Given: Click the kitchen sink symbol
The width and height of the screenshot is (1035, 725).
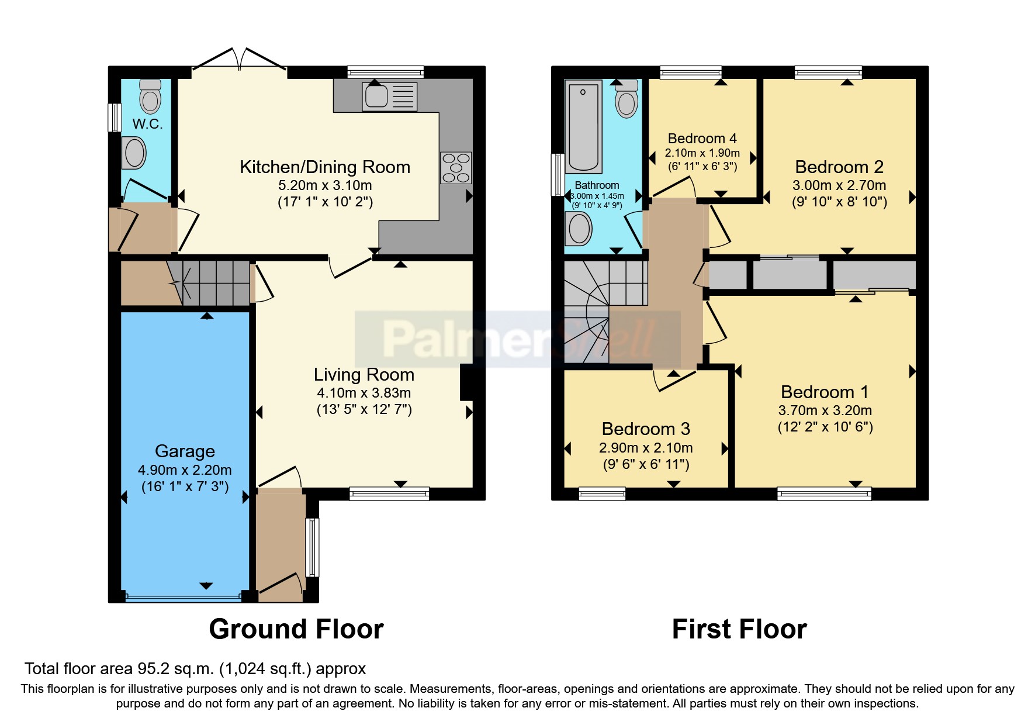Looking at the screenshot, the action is pos(390,96).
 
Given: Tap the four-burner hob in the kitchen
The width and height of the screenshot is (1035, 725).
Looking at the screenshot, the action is pos(456,168).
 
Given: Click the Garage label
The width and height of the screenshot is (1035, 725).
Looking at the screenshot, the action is pos(185,451).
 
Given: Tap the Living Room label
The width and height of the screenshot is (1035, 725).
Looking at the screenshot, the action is pos(364,374).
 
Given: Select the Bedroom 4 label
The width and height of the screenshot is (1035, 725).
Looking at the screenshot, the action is pos(702,139).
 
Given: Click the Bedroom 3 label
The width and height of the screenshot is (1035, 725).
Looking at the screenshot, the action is pos(646,429).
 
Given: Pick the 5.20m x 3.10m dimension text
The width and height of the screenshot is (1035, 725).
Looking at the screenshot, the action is pos(325,185).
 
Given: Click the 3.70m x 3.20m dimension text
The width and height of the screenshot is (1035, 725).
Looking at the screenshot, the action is pos(825,410).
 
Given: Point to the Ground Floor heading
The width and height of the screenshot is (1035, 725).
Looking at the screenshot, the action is pos(296,629).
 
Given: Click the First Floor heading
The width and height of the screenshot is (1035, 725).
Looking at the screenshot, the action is pos(739,629).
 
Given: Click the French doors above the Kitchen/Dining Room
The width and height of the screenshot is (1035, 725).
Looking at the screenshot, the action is pos(240,59).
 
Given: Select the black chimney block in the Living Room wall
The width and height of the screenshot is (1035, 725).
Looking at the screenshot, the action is pos(467,382).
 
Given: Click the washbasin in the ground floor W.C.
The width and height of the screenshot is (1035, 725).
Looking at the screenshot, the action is pos(134,153).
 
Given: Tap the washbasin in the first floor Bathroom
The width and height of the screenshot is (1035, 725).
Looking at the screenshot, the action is pos(579,228).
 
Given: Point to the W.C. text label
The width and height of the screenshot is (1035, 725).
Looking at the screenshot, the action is pos(147,124).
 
